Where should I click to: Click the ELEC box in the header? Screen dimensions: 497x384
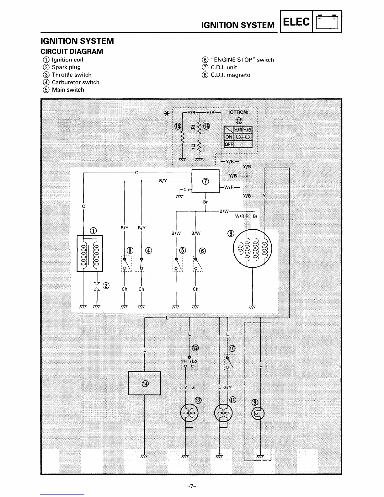point(296,22)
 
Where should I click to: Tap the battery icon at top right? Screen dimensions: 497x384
point(327,22)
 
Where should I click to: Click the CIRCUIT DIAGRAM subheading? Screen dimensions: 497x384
point(72,51)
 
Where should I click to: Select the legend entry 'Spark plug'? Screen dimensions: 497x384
point(66,67)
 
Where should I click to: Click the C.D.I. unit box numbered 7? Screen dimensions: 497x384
point(205,181)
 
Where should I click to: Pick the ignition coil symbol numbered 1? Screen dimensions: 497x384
point(90,253)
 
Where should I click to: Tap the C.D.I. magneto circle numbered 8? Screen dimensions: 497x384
point(253,249)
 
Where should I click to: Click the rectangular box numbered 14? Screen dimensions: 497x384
point(144,383)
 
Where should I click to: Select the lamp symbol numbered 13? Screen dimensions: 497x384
point(189,413)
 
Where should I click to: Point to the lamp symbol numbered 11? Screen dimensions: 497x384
point(223,413)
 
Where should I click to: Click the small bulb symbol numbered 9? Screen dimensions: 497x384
point(258,414)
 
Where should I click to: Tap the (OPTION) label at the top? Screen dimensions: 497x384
point(238,112)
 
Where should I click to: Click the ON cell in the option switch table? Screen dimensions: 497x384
point(229,137)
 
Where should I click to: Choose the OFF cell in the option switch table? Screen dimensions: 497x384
point(229,144)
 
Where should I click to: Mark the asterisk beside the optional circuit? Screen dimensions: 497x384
point(168,114)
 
